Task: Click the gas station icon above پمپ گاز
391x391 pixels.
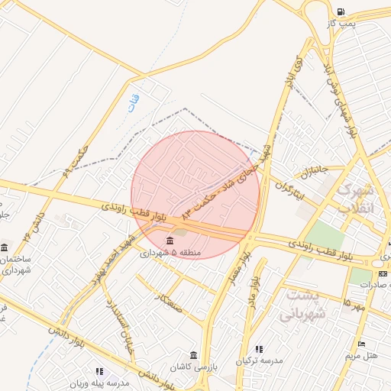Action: point(340,11)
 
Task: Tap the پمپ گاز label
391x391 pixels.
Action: point(340,24)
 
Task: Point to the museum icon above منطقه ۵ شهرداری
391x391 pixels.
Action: point(168,241)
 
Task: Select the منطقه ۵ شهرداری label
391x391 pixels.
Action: point(168,252)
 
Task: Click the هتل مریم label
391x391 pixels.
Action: point(361,356)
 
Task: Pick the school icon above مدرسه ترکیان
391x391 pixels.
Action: point(260,349)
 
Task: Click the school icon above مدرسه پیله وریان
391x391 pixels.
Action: point(99,371)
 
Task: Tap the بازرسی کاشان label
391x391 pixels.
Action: point(193,367)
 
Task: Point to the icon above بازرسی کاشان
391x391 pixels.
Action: point(193,355)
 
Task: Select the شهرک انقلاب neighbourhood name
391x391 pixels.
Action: point(356,197)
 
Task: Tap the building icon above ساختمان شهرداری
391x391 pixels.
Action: point(5,247)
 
